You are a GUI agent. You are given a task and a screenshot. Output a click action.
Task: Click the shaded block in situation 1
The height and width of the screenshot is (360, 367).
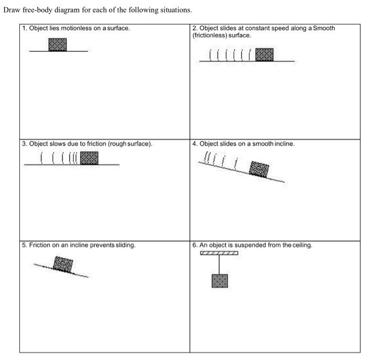point(58,45)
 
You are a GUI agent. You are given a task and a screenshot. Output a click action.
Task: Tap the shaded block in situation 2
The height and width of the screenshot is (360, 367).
point(264,54)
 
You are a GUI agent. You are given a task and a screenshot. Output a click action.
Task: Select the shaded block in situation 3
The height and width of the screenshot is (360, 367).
point(89,158)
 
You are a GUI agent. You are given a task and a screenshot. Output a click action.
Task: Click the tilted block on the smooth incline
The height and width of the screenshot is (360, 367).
point(259,169)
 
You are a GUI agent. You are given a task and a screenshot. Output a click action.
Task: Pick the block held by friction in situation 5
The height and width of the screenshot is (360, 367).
point(63,264)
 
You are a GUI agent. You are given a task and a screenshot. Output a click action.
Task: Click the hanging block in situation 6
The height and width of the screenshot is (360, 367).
point(220,281)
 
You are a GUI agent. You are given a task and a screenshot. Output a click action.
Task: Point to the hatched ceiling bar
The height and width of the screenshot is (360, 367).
point(219,253)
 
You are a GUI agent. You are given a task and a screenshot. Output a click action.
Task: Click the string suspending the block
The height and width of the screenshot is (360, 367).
point(219,265)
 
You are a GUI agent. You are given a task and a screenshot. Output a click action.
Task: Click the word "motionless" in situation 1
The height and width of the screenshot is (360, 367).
point(77,28)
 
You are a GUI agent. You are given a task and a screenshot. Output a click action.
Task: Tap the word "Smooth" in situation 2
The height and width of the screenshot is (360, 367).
point(324,28)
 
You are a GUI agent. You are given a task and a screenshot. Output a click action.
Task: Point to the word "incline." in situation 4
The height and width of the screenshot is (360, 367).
point(285,144)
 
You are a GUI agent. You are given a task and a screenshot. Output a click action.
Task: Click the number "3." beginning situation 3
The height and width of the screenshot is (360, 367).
point(25,144)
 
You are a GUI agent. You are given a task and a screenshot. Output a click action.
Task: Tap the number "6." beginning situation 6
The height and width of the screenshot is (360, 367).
point(195,245)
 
